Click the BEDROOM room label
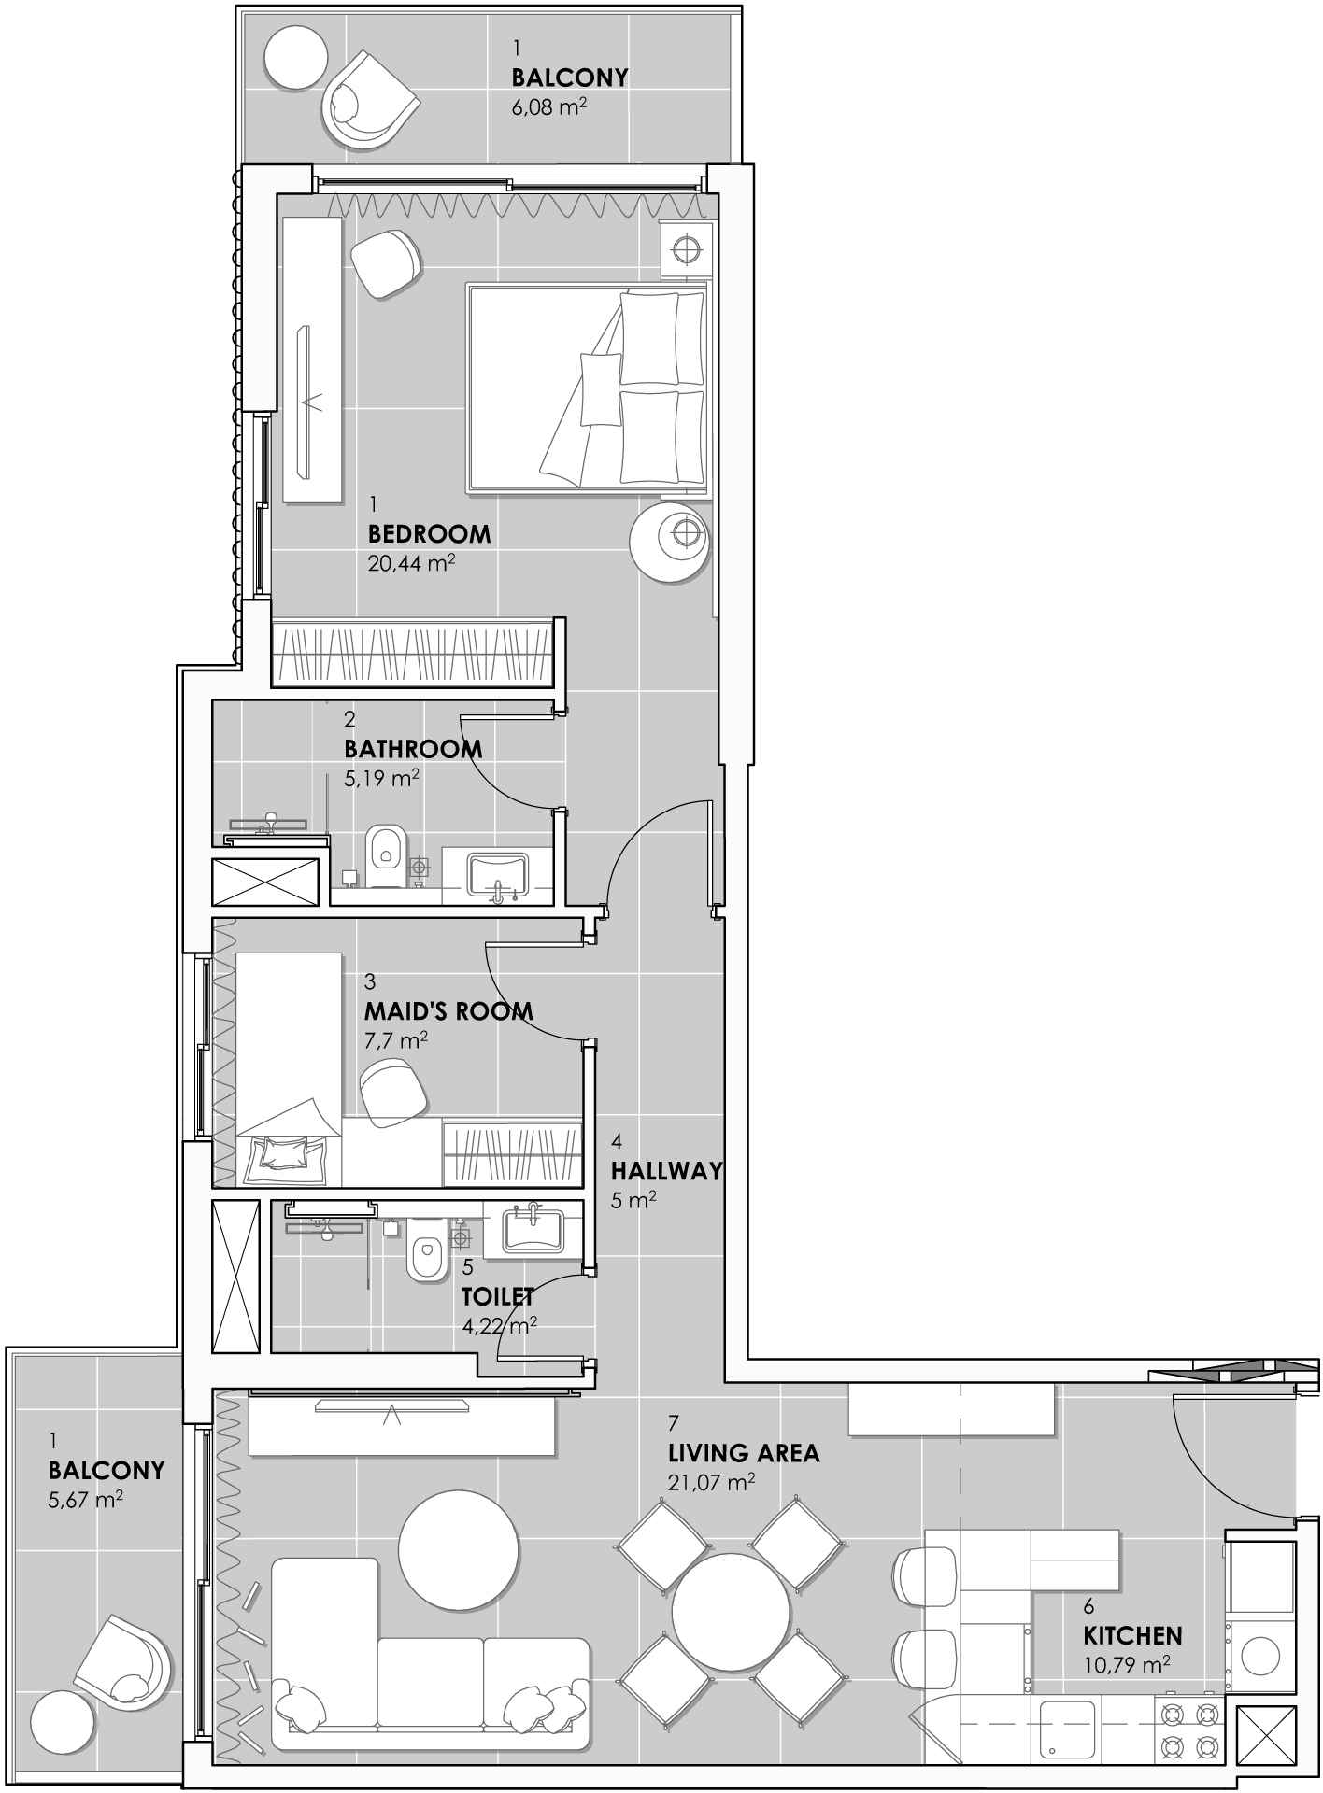coord(429,534)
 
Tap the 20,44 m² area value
coord(412,563)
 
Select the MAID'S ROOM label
coord(448,1010)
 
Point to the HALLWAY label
coord(667,1170)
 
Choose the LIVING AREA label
coord(744,1453)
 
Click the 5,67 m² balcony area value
coord(86,1500)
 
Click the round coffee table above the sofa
coord(458,1549)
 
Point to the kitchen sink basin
coord(1067,1728)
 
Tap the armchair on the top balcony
coord(368,103)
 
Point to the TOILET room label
coord(498,1296)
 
